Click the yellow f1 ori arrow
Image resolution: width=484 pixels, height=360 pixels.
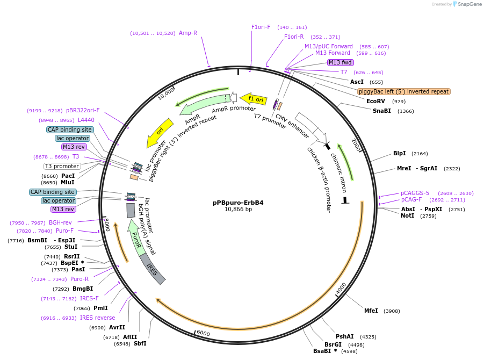point(254,99)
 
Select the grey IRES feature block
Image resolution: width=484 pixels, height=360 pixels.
point(153,268)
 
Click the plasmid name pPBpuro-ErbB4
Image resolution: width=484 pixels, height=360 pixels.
point(238,203)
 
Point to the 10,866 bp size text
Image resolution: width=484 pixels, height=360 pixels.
point(238,210)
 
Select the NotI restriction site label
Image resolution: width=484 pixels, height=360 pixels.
point(408,215)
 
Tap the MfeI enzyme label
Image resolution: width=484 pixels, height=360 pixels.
point(371,311)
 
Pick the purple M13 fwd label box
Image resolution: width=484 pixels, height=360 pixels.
point(341,62)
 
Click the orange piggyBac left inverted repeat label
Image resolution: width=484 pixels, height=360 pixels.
point(404,91)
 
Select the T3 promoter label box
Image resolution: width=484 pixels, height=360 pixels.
point(62,166)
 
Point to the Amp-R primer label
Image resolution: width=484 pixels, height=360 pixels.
point(188,33)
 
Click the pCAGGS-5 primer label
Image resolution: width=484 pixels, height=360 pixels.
point(415,193)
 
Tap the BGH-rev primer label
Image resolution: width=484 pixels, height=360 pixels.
point(60,222)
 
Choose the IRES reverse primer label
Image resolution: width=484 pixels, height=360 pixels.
point(97,318)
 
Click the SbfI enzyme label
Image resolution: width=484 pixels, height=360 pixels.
point(140,343)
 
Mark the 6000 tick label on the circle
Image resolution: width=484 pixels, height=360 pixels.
point(203,333)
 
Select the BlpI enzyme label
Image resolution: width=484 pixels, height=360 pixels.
point(400,153)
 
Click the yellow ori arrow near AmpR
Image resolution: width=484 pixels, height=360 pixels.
point(160,132)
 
